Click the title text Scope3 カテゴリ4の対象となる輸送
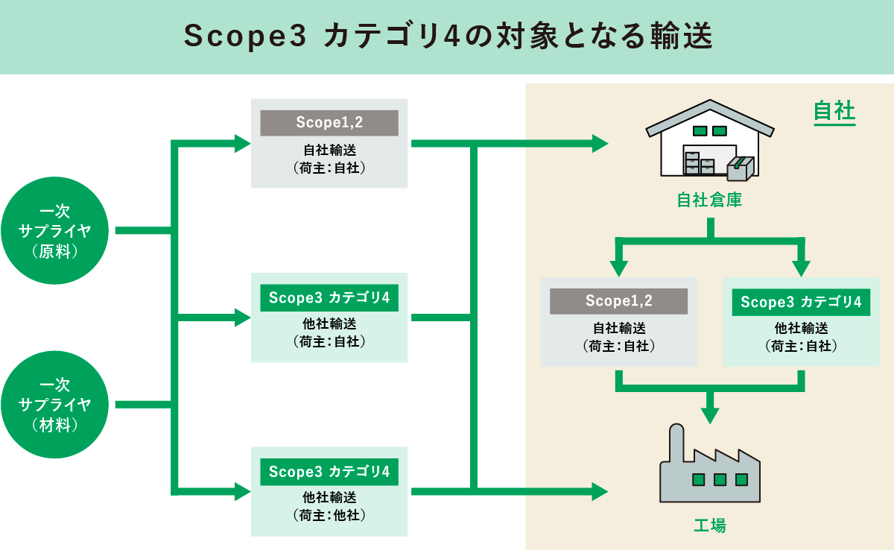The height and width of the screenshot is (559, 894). [447, 37]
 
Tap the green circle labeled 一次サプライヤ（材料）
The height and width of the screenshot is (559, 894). [55, 405]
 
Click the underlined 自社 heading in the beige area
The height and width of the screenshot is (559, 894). [834, 113]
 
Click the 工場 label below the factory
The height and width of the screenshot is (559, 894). [709, 525]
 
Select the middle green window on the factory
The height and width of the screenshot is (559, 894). [720, 479]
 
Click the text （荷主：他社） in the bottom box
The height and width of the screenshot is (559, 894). [329, 514]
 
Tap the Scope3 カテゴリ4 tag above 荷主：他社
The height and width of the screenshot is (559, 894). [329, 472]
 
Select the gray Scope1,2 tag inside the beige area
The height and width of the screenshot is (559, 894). [618, 301]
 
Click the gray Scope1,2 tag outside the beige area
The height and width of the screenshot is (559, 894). [329, 122]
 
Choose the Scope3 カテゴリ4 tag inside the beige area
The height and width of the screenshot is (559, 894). [801, 302]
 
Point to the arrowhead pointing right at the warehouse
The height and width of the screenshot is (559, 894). [600, 144]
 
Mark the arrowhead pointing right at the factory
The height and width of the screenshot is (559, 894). [600, 490]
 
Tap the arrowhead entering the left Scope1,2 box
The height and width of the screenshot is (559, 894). [243, 144]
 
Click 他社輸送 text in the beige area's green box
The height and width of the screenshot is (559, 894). [801, 328]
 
